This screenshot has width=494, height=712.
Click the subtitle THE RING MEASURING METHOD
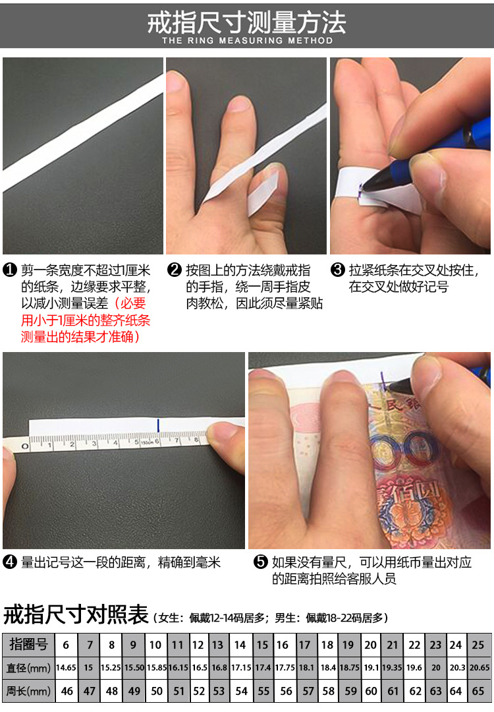click(247, 40)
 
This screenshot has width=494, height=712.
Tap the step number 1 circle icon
click(10, 270)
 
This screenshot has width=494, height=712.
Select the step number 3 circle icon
click(337, 270)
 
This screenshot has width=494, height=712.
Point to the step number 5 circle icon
click(261, 562)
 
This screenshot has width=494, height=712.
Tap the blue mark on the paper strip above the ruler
click(158, 425)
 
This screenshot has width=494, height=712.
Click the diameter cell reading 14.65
click(66, 668)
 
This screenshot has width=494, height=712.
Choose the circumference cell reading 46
click(66, 691)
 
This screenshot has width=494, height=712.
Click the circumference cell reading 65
click(478, 691)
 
